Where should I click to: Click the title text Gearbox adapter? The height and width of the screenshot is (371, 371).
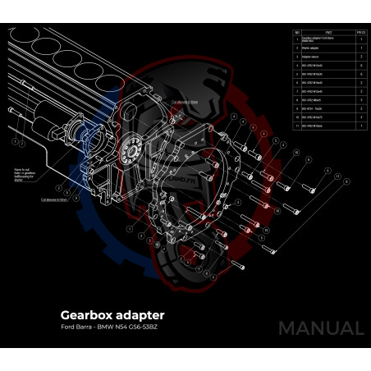(x=112, y=314)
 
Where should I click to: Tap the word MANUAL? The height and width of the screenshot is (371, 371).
(x=320, y=328)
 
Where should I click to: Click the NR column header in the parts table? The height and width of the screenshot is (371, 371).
(x=296, y=34)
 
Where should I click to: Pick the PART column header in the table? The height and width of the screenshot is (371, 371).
(x=327, y=34)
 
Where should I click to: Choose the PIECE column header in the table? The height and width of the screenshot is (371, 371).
(x=360, y=34)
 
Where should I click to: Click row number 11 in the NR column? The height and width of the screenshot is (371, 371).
(x=296, y=126)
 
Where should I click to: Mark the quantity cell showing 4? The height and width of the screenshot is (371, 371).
(x=360, y=117)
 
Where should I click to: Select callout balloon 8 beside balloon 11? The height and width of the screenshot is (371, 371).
(x=327, y=172)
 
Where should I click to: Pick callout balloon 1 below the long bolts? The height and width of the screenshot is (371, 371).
(x=16, y=140)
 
